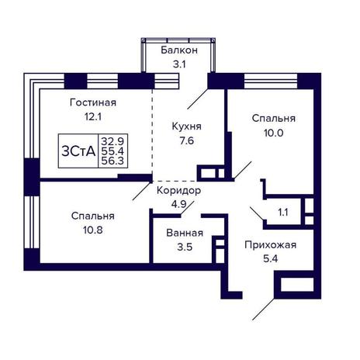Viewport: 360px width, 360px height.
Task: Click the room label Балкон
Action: click(x=179, y=50)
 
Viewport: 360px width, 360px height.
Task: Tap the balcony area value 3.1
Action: click(x=179, y=64)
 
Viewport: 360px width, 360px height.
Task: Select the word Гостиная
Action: click(x=93, y=102)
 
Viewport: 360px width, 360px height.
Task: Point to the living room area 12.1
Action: click(x=93, y=117)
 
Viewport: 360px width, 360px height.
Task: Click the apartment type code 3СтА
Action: click(x=78, y=151)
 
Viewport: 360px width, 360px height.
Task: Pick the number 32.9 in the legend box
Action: click(x=112, y=141)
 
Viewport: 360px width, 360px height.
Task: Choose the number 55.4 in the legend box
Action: click(x=112, y=151)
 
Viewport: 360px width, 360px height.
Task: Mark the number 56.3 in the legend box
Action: click(x=112, y=161)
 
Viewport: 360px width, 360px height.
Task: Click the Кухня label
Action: click(x=186, y=127)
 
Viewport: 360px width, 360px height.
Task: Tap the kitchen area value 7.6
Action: click(x=187, y=141)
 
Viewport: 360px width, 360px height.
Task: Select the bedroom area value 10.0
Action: click(x=274, y=133)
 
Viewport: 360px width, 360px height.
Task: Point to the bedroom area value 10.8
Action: click(x=93, y=230)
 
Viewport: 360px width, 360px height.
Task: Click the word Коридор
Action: click(x=178, y=191)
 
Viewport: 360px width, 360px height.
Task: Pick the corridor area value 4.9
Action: click(x=178, y=204)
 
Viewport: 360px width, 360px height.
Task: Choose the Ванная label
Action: click(x=185, y=233)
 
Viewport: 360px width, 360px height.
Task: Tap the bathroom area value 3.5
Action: click(x=185, y=247)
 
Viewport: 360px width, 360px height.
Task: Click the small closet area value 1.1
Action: click(x=283, y=213)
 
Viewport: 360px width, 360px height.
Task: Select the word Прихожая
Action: click(x=271, y=245)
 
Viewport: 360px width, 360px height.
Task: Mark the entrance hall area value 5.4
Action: click(x=271, y=258)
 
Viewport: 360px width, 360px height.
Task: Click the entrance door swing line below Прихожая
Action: click(x=264, y=309)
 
